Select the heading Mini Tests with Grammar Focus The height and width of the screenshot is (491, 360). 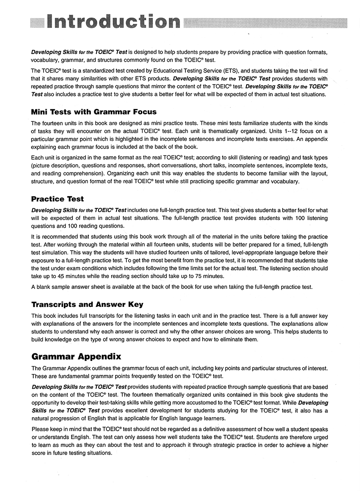(94, 112)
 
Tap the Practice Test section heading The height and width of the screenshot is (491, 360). (58, 198)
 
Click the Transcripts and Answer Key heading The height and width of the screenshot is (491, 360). (87, 304)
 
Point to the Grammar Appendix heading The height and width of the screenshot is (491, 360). (76, 357)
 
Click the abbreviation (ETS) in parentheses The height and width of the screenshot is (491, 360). (230, 71)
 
